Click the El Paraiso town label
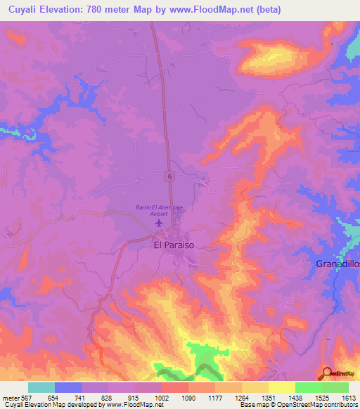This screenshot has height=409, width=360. click(x=174, y=246)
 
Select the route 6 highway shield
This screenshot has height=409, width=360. click(x=170, y=175)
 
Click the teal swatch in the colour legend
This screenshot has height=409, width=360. click(x=41, y=387)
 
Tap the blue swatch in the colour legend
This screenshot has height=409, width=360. click(x=68, y=387)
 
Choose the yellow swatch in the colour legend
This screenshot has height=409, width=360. click(x=281, y=387)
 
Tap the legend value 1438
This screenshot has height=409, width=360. click(x=294, y=398)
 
